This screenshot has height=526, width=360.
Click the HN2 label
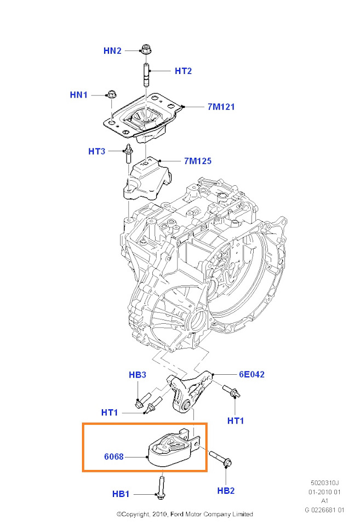click(112, 51)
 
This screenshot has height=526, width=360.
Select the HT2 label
click(184, 71)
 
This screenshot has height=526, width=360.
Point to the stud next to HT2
click(146, 75)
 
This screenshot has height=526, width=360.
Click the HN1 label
click(79, 95)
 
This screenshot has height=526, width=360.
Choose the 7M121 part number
click(221, 107)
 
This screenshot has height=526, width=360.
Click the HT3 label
click(97, 151)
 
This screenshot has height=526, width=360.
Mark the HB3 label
click(138, 375)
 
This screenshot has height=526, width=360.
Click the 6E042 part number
click(252, 375)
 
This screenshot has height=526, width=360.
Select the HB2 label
click(226, 490)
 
